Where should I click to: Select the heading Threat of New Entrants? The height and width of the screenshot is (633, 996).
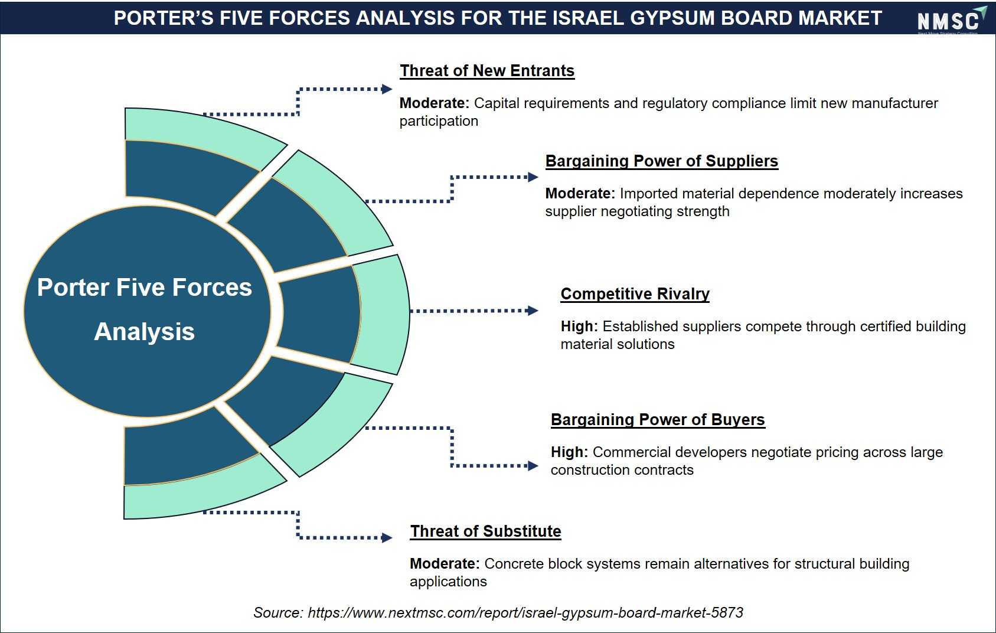(487, 71)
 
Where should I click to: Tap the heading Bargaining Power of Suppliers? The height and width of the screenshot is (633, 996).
(662, 161)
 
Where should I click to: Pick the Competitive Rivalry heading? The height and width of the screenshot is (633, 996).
(635, 294)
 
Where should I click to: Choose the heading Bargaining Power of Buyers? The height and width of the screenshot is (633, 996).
(658, 420)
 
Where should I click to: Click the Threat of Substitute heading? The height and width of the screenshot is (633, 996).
(485, 531)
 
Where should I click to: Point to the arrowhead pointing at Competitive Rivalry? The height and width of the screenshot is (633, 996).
(532, 311)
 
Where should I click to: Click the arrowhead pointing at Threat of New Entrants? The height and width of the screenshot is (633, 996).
(387, 89)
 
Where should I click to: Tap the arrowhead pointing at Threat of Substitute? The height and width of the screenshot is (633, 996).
(387, 538)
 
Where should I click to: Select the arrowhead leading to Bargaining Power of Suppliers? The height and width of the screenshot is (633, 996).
(533, 177)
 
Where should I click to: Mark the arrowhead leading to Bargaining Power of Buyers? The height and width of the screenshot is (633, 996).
(533, 466)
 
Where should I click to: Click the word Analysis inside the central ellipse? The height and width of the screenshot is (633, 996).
(145, 332)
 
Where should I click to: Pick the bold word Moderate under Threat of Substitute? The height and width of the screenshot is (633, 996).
(445, 563)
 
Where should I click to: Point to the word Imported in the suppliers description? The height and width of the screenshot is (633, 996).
(649, 194)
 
